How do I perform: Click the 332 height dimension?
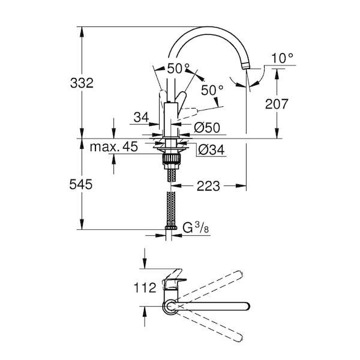click(82, 83)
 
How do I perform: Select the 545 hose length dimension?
click(81, 184)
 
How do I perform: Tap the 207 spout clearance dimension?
click(277, 104)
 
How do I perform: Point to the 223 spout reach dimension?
click(208, 186)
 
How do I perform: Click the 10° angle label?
click(282, 58)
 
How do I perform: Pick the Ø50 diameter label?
click(207, 127)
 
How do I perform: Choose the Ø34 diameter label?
click(211, 150)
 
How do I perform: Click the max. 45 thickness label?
click(114, 146)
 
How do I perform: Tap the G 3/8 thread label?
click(196, 228)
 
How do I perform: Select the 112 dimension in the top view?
click(145, 287)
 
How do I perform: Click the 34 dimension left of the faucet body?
click(141, 118)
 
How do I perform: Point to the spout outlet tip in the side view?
click(246, 67)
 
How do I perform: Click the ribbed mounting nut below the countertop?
click(171, 159)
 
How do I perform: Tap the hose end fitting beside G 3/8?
click(171, 228)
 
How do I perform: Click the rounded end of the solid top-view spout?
click(247, 307)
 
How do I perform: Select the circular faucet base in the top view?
click(170, 307)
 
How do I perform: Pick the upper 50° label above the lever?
click(178, 68)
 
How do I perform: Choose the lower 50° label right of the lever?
click(211, 90)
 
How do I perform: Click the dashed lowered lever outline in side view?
click(188, 113)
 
